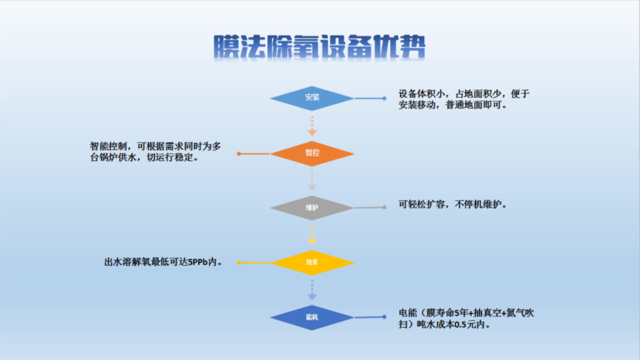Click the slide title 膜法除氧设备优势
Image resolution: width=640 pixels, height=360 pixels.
point(319,47)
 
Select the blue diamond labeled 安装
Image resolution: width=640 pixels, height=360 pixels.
point(312,98)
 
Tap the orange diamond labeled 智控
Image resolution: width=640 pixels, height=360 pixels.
point(312,153)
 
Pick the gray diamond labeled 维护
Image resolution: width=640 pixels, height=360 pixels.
point(312,208)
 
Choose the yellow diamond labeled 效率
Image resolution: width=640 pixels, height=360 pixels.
point(312,263)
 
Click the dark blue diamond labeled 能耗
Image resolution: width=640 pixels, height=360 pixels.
point(312,317)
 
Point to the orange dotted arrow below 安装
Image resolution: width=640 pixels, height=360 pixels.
point(312,126)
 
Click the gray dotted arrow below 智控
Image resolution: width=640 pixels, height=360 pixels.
point(312,180)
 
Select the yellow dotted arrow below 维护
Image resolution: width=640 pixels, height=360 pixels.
point(312,235)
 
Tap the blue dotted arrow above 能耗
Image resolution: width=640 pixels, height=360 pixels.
point(312,290)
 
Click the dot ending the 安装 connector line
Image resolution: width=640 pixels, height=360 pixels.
point(384,98)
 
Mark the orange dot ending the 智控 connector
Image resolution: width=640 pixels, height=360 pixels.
point(239,154)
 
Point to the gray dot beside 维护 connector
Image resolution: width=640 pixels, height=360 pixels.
point(384,207)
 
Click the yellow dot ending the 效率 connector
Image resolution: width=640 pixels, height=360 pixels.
point(239,263)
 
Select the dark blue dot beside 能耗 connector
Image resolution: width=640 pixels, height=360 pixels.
point(384,317)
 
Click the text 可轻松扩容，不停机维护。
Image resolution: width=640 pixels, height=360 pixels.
point(453,204)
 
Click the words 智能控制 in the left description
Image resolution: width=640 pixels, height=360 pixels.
point(108,146)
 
